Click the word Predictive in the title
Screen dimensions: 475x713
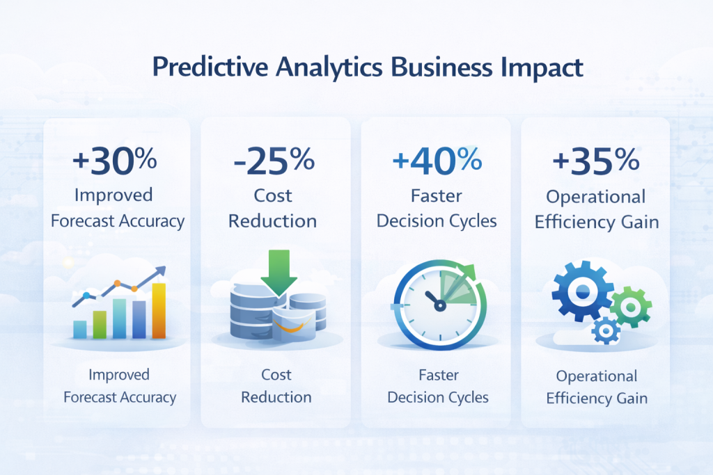click(x=196, y=70)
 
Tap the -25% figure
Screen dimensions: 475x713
click(x=274, y=161)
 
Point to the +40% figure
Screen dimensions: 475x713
click(x=437, y=161)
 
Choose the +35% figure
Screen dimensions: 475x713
click(x=595, y=161)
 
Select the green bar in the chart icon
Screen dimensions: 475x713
click(x=100, y=324)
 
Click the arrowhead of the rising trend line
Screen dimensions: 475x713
click(x=162, y=271)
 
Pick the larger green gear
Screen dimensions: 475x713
click(x=631, y=306)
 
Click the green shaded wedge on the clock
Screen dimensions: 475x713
click(x=461, y=289)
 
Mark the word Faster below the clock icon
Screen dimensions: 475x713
click(x=439, y=375)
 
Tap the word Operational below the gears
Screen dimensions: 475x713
click(x=596, y=376)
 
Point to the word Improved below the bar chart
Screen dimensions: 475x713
click(x=119, y=375)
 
